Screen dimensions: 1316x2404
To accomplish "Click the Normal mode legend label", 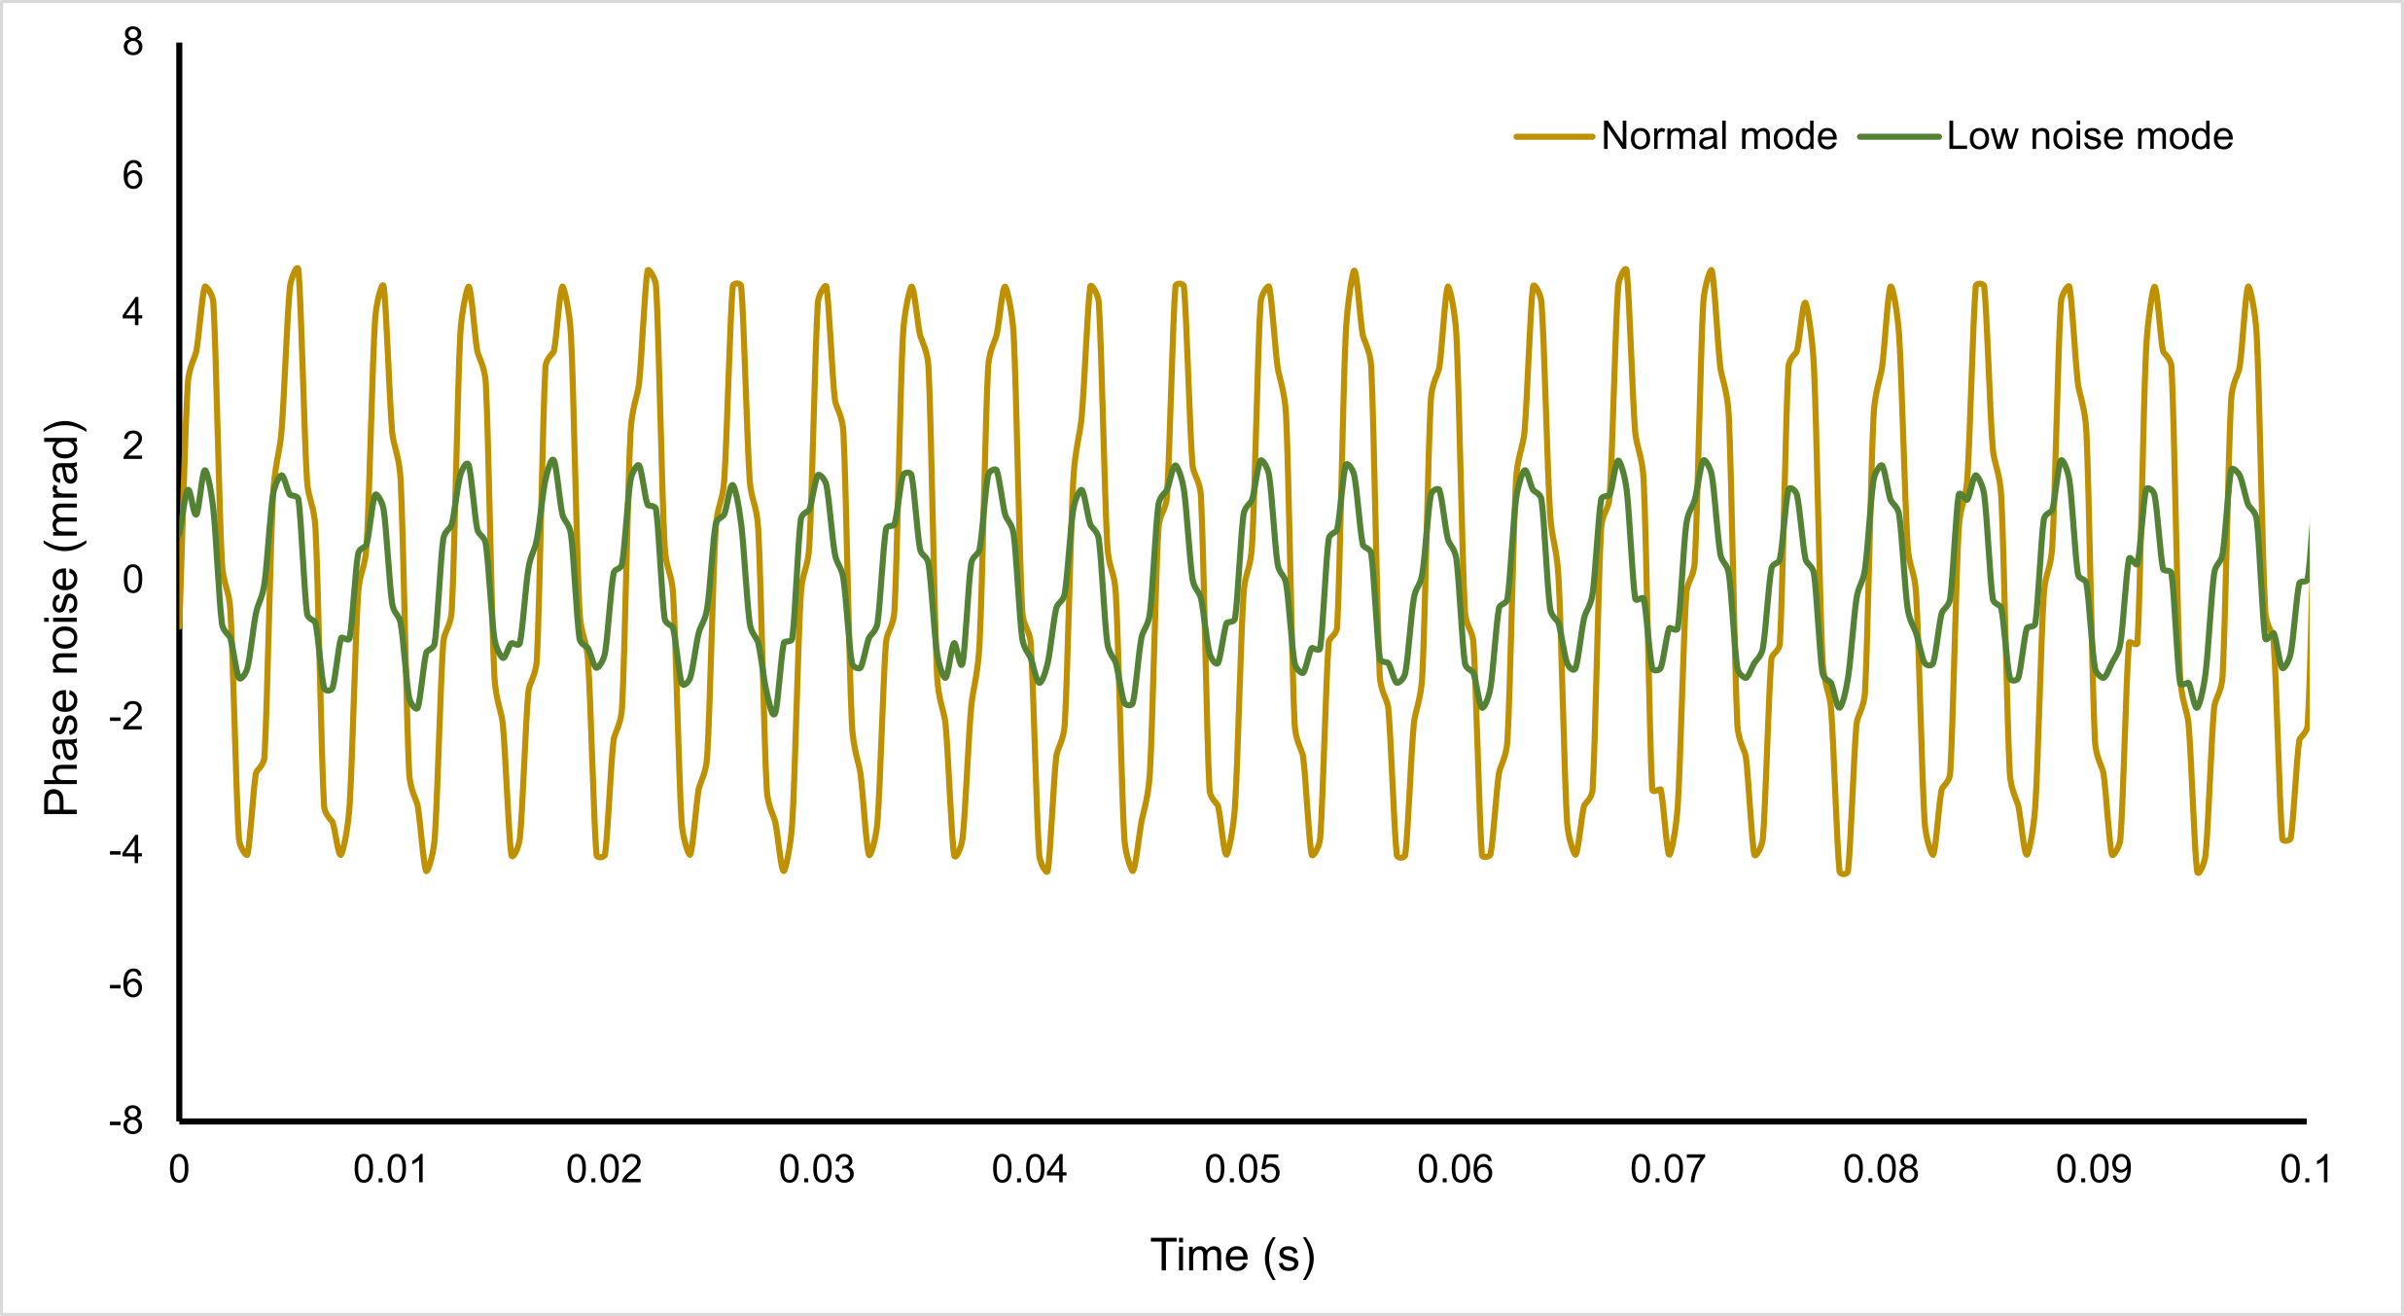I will pyautogui.click(x=1718, y=136).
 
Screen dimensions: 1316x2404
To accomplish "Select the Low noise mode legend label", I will pyautogui.click(x=2090, y=136).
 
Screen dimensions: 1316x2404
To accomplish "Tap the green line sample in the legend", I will pyautogui.click(x=1899, y=137).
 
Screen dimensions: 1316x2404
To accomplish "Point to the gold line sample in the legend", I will pyautogui.click(x=1554, y=137).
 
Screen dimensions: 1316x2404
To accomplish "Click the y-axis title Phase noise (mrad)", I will pyautogui.click(x=62, y=618).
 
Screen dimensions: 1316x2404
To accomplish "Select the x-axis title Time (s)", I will pyautogui.click(x=1232, y=1255).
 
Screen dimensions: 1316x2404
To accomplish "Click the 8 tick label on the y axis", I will pyautogui.click(x=133, y=42).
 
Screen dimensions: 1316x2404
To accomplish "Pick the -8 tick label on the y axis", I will pyautogui.click(x=126, y=1120).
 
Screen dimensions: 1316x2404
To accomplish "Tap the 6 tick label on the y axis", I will pyautogui.click(x=133, y=176).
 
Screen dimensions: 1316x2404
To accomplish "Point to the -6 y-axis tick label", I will pyautogui.click(x=126, y=984).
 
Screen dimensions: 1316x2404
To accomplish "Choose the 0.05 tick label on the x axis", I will pyautogui.click(x=1242, y=1169).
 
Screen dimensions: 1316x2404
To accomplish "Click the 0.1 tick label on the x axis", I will pyautogui.click(x=2305, y=1169).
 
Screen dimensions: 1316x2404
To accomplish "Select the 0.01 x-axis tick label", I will pyautogui.click(x=391, y=1169).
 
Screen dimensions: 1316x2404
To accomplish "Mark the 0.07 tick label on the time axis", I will pyautogui.click(x=1668, y=1169).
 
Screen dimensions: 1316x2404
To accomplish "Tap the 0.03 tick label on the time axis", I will pyautogui.click(x=817, y=1169).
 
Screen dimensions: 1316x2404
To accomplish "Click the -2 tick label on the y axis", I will pyautogui.click(x=126, y=716).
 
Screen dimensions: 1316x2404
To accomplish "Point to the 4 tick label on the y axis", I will pyautogui.click(x=133, y=311).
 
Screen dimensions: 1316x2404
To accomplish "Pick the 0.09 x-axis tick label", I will pyautogui.click(x=2093, y=1169).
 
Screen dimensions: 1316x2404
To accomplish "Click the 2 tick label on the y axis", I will pyautogui.click(x=133, y=445).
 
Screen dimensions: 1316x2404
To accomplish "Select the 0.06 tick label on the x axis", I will pyautogui.click(x=1455, y=1169).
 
